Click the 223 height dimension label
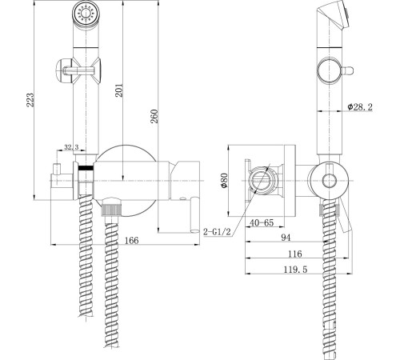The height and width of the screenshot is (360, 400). (x=30, y=100)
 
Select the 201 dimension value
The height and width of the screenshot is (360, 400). (x=119, y=90)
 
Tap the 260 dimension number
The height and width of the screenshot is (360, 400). (x=154, y=116)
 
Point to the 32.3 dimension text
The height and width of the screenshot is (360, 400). (x=71, y=147)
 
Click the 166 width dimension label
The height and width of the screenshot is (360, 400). (x=132, y=241)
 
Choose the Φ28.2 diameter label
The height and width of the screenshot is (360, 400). (x=360, y=107)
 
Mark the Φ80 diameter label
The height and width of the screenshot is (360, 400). (x=224, y=181)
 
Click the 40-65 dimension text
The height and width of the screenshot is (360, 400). (x=262, y=222)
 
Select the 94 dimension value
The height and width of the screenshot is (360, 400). (x=286, y=238)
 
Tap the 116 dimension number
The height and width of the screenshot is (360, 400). (x=294, y=254)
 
